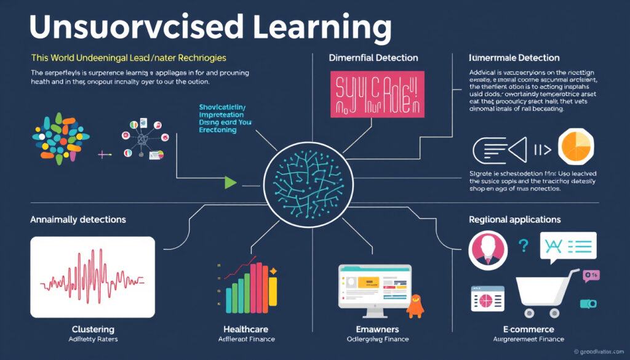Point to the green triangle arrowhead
click(x=231, y=182)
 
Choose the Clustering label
click(x=93, y=329)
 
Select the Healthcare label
click(x=246, y=329)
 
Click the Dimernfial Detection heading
click(x=373, y=58)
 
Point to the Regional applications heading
click(x=514, y=219)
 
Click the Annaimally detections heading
click(x=78, y=219)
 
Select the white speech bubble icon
click(x=567, y=248)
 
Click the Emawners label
click(x=377, y=329)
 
